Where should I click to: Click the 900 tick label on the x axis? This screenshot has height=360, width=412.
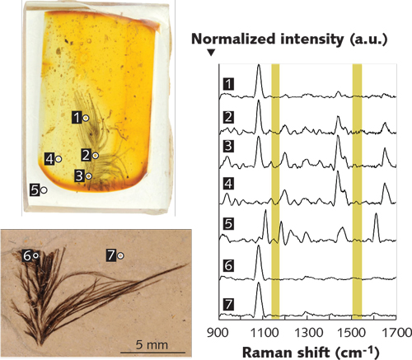point(218,334)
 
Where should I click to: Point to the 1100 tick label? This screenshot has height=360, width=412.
point(264,334)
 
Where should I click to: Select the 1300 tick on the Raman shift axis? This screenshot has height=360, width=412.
point(310,334)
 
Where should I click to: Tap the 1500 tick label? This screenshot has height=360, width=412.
point(356,334)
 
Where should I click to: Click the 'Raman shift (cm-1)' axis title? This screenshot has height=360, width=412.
point(305,352)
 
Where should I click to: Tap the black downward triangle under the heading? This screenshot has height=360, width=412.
point(211,53)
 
